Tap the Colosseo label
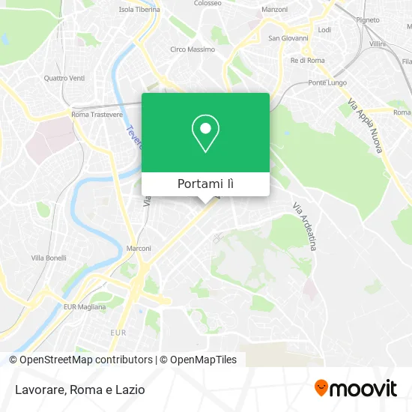207,3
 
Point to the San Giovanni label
284,38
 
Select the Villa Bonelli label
48,258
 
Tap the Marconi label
139,249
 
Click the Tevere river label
133,137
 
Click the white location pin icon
205,133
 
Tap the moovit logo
356,389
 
